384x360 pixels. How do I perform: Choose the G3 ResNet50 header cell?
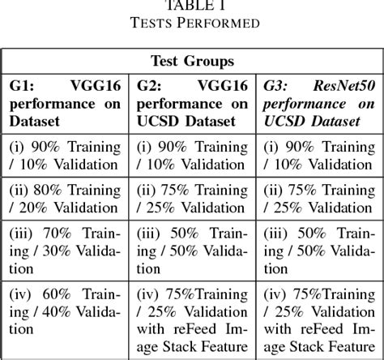pyautogui.click(x=318, y=105)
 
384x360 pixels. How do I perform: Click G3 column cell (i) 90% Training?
pyautogui.click(x=318, y=157)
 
